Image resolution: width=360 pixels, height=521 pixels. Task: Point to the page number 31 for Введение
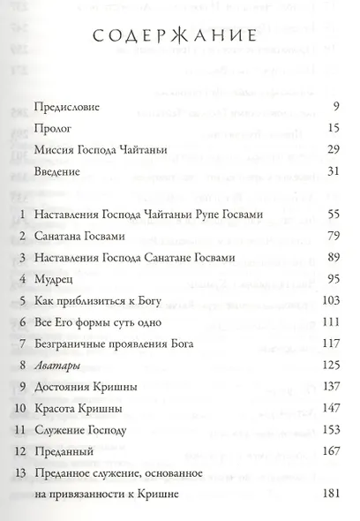click(333, 170)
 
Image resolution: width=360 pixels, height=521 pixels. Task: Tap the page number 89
click(333, 257)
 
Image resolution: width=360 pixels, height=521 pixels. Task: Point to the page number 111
click(331, 321)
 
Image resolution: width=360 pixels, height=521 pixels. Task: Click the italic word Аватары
click(56, 363)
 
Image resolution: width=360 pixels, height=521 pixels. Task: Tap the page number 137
click(330, 383)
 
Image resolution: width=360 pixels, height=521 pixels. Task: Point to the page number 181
click(330, 493)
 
